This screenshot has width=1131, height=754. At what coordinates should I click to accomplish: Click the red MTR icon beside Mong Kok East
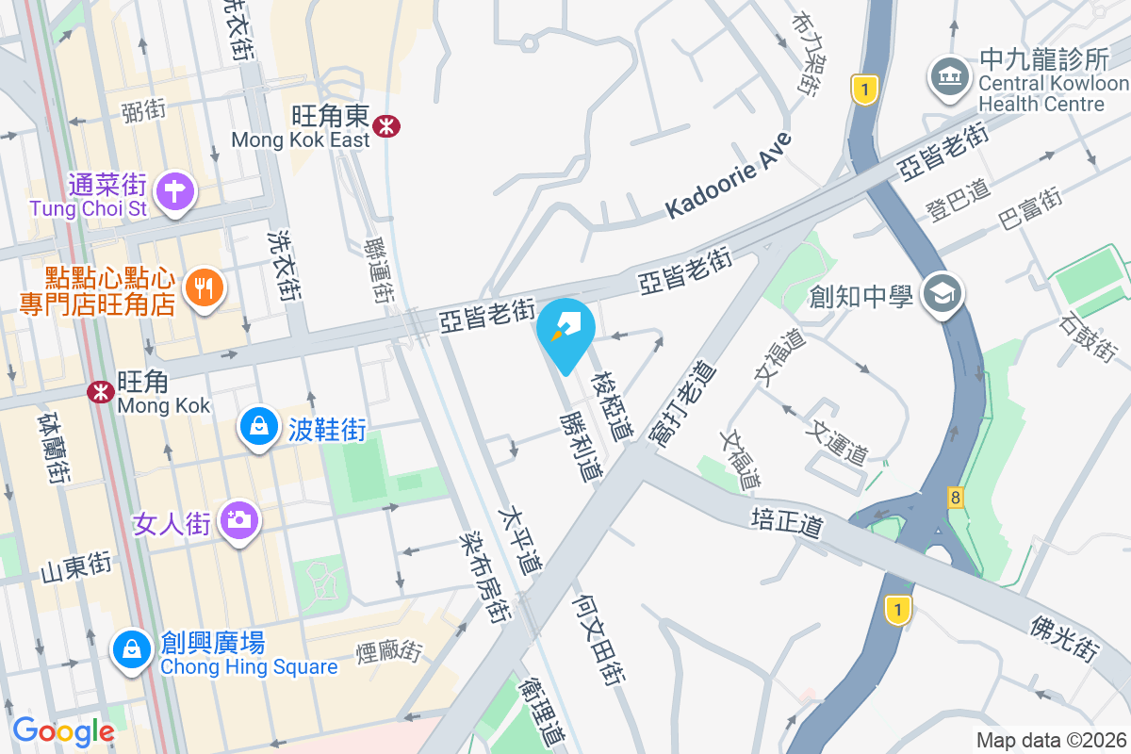(385, 126)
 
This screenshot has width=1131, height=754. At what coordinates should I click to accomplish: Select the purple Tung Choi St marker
(174, 190)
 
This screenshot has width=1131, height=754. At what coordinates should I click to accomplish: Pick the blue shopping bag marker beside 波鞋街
(257, 428)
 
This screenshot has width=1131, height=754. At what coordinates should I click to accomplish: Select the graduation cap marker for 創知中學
(942, 295)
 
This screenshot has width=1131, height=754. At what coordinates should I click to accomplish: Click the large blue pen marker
(566, 331)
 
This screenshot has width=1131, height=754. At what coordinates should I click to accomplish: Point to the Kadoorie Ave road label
(729, 176)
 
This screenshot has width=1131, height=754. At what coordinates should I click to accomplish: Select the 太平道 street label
(521, 542)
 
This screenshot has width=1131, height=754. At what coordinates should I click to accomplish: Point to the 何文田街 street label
(599, 641)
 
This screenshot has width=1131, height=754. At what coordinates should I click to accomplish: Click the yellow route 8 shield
(956, 496)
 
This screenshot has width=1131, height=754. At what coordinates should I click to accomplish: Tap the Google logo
(63, 731)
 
